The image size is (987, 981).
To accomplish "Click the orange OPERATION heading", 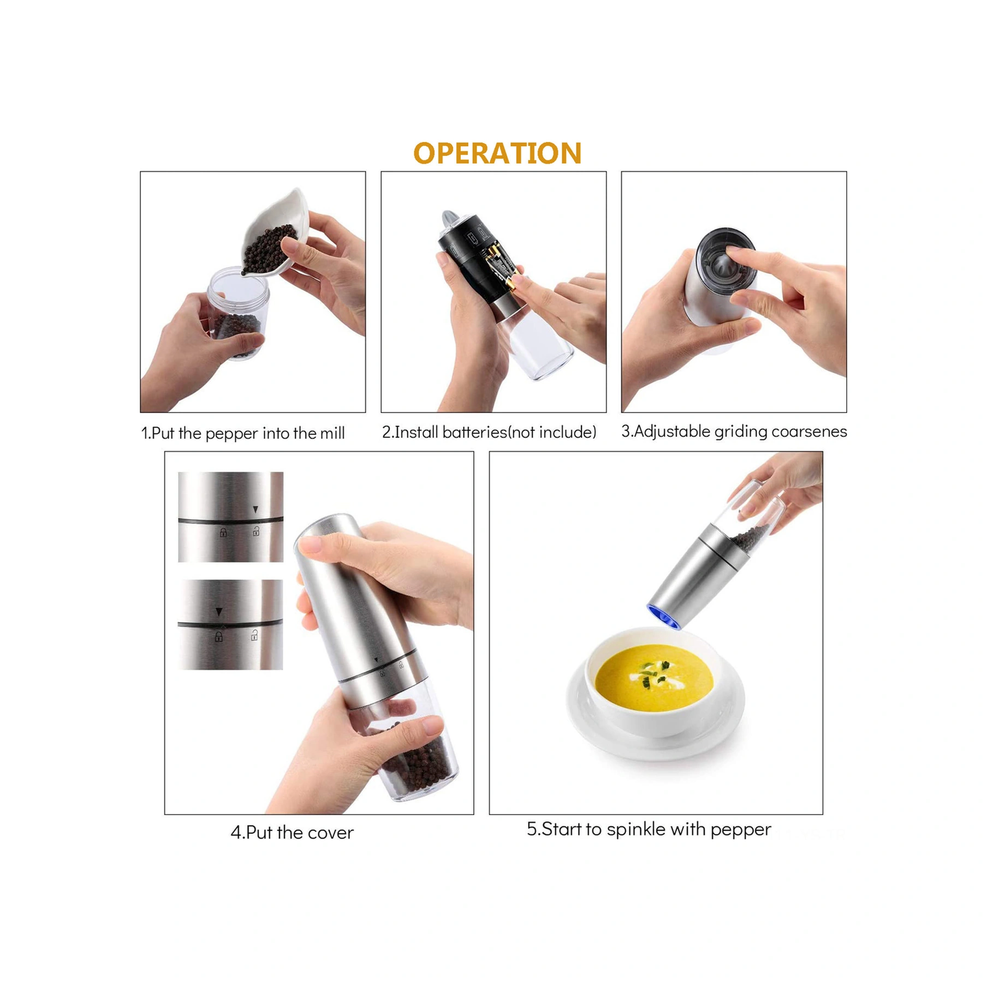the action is (x=497, y=153).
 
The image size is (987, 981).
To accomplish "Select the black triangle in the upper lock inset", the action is (x=255, y=510).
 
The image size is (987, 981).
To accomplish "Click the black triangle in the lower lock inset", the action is (x=219, y=612).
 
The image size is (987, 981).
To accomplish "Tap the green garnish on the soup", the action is (x=655, y=673).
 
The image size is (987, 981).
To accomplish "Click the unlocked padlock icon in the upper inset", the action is (x=255, y=531).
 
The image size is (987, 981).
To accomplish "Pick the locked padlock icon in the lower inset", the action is (x=219, y=636).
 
